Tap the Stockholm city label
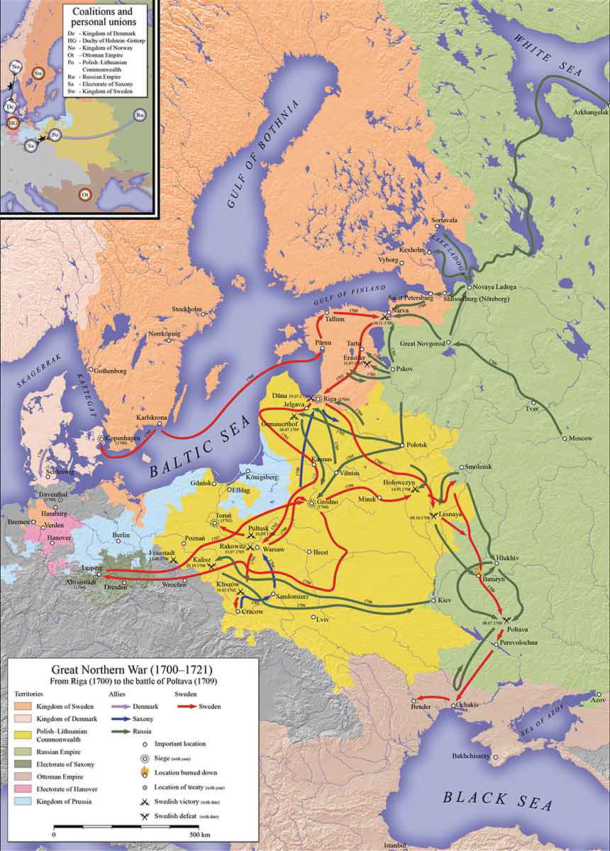[x=187, y=310]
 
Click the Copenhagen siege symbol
[x=103, y=440]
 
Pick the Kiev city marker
[x=433, y=601]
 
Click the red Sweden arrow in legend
[x=187, y=706]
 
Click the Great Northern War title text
[x=131, y=669]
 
